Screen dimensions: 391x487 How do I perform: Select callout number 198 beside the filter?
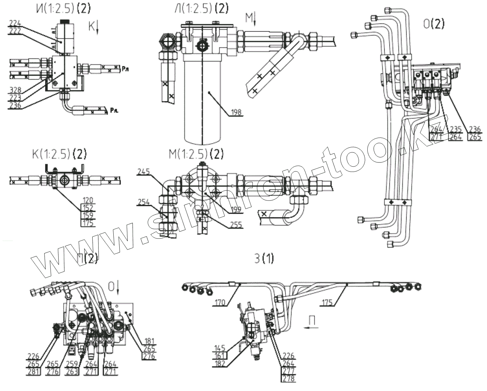236,113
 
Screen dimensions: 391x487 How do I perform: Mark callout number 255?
235,224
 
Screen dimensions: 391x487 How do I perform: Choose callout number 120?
88,200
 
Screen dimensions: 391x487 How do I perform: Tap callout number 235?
455,129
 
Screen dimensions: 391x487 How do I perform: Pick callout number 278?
288,379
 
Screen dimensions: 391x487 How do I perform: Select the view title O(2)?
434,24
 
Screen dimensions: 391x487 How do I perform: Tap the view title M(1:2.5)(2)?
196,154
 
